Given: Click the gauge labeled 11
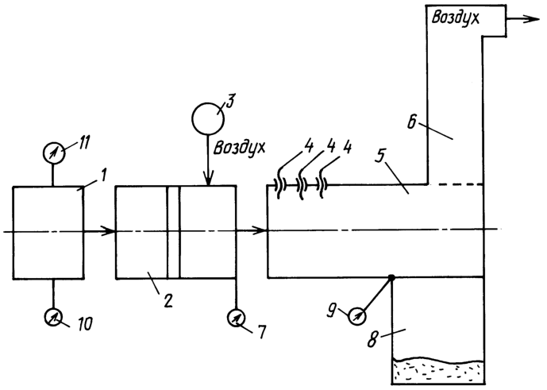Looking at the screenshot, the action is (53, 153).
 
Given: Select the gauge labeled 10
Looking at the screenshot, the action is (53, 317).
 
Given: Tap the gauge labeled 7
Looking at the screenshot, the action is (236, 318).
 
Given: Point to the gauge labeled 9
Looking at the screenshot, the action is (357, 317).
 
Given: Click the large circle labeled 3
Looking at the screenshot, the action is (208, 118).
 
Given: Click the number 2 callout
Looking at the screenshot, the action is (168, 300).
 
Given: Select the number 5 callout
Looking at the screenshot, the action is (380, 156).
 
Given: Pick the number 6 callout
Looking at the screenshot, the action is (412, 123).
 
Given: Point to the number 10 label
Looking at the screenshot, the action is (83, 324).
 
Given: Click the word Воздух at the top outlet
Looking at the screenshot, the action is (455, 17).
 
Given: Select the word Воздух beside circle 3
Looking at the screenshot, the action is (239, 148).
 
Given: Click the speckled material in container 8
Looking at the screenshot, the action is (438, 371).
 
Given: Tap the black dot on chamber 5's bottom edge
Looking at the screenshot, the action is (391, 278).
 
